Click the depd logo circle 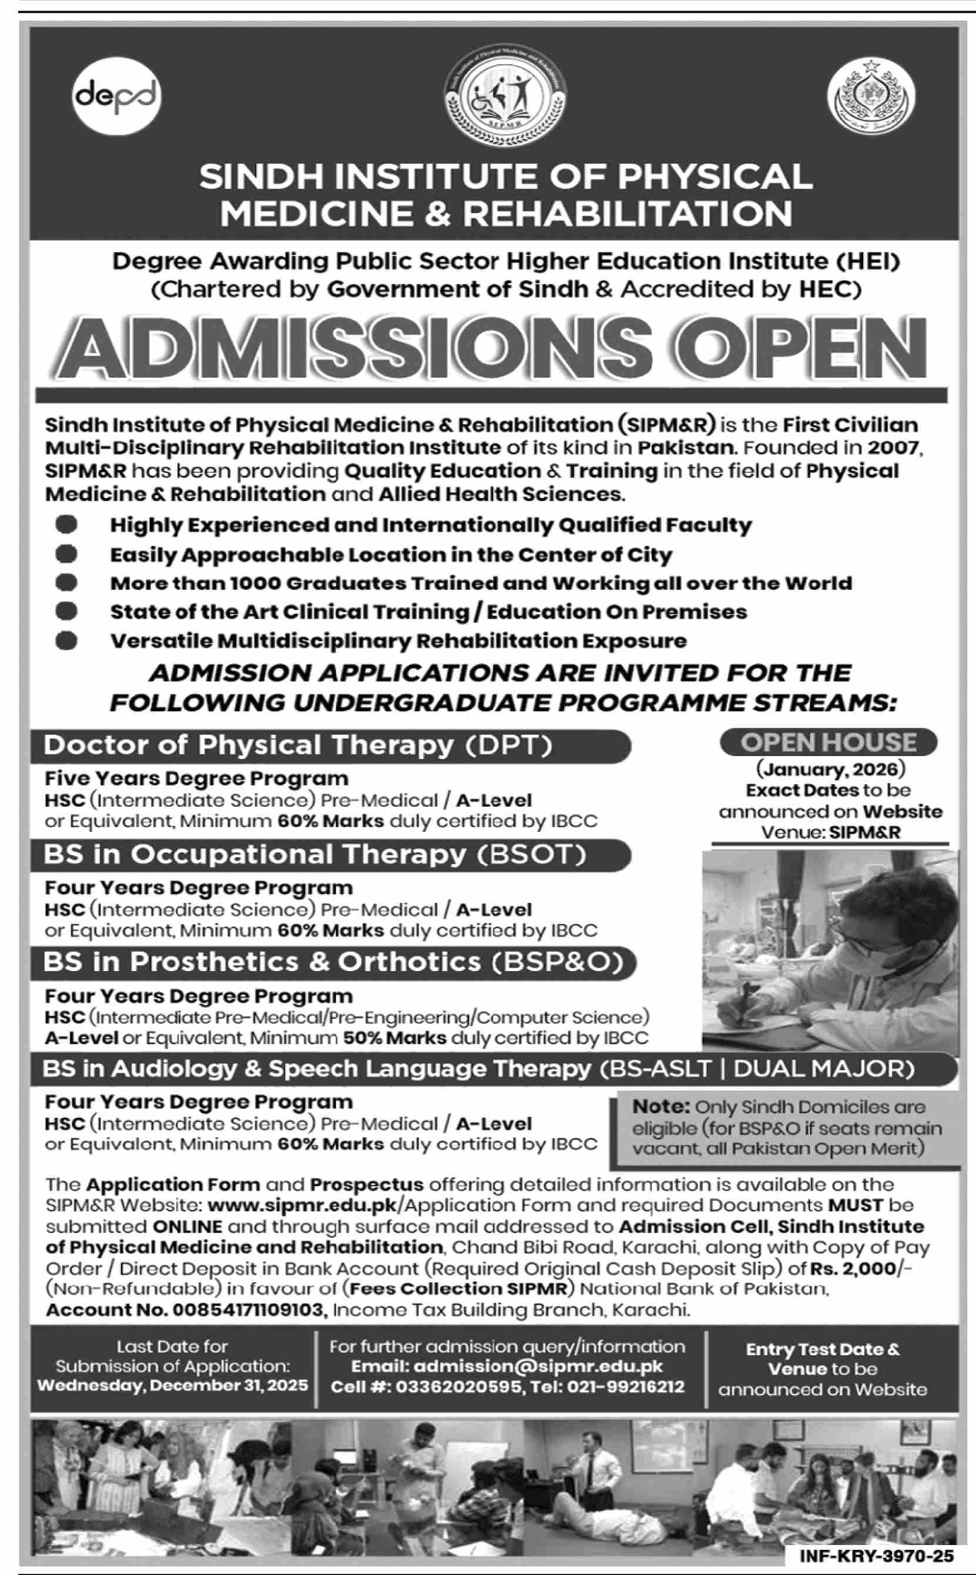116,96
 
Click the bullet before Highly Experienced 66,525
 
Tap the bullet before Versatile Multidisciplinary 66,641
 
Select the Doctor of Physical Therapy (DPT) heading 298,745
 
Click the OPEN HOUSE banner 828,742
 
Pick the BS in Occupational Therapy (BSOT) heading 314,854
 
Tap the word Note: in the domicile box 661,1107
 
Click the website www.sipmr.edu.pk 306,1205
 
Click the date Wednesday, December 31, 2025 172,1385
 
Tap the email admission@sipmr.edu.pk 507,1366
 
